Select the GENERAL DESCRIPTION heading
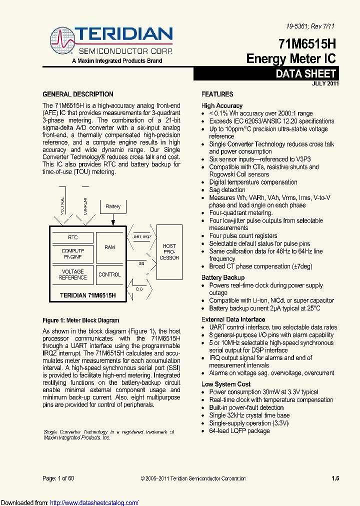(x=77, y=94)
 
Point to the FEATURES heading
(x=217, y=94)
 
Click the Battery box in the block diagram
(x=113, y=206)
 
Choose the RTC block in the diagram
(x=72, y=237)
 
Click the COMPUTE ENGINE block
(x=72, y=253)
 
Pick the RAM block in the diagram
(x=109, y=247)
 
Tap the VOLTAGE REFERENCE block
(x=72, y=274)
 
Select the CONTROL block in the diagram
(x=109, y=274)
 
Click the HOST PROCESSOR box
(x=169, y=251)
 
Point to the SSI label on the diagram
(x=142, y=262)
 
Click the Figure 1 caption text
(x=81, y=320)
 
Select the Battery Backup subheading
(x=223, y=277)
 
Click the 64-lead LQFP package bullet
(x=239, y=430)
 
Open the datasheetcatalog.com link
(x=94, y=502)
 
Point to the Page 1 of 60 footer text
(x=58, y=478)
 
